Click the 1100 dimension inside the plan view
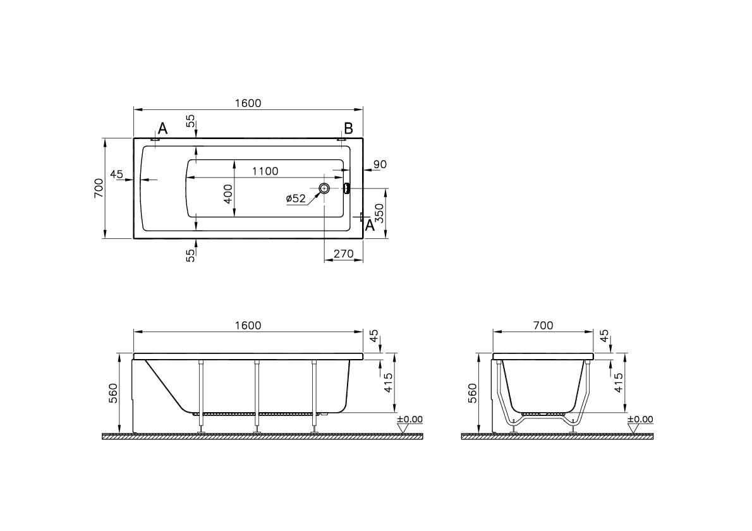point(265,171)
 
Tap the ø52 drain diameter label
point(296,198)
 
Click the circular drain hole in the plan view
point(325,188)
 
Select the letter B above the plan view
point(348,128)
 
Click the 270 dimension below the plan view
point(343,253)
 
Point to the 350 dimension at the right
point(379,213)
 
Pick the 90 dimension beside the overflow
point(380,164)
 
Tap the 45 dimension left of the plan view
point(116,174)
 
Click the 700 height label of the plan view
point(98,188)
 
